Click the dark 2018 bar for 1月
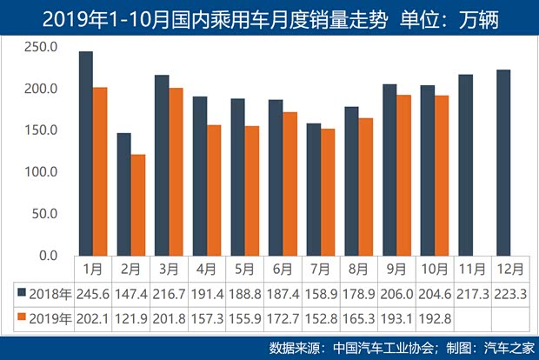(85, 154)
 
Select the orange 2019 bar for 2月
(137, 205)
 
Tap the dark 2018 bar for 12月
(503, 163)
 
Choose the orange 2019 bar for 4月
(213, 190)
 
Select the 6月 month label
(282, 269)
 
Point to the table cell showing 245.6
(92, 294)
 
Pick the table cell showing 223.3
(510, 294)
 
